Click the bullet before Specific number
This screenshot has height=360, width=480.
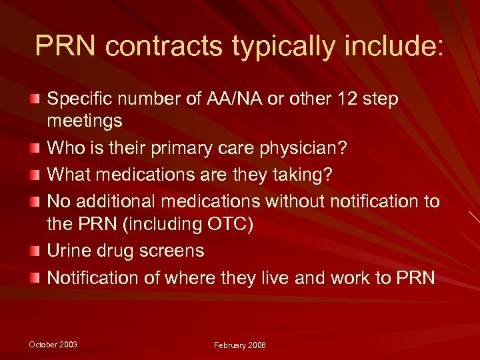coord(33,99)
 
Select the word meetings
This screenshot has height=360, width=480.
coord(85,121)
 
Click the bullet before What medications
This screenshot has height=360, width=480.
coord(33,175)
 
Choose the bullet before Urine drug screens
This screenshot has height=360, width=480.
coord(33,251)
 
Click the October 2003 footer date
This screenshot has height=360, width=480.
coord(53,344)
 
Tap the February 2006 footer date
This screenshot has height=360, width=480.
coord(239,345)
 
